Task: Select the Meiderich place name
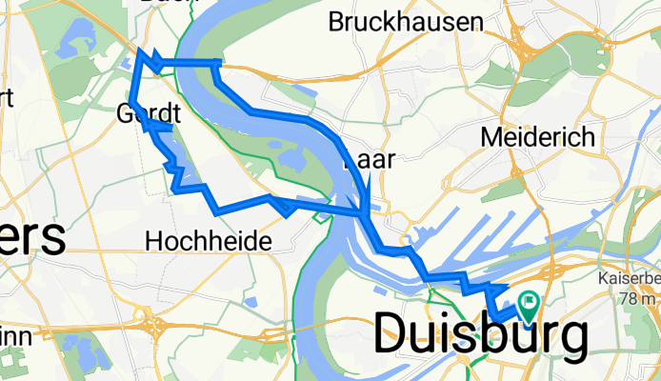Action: (538, 136)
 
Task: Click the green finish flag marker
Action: (527, 305)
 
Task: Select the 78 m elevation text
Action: (635, 299)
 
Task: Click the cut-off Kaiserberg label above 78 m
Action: (629, 279)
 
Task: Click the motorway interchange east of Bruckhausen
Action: (523, 42)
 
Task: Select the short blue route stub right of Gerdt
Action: (164, 126)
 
